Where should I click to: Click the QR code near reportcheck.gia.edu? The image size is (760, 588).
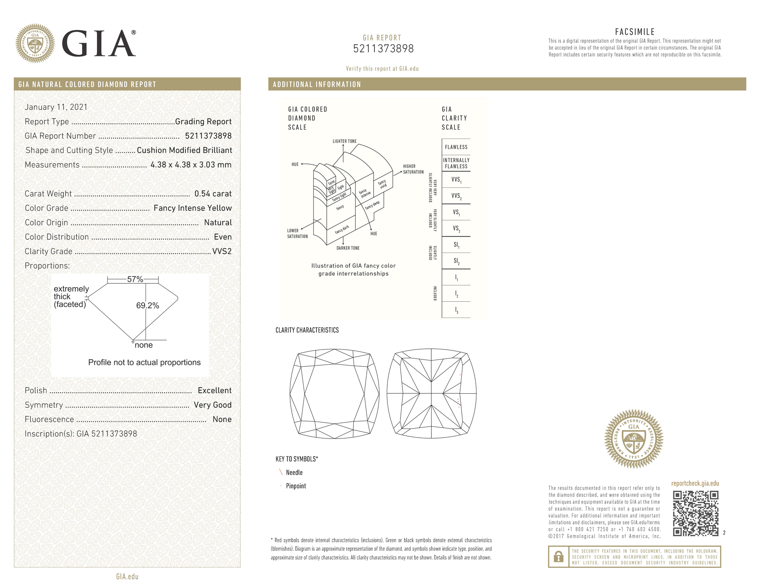(x=695, y=513)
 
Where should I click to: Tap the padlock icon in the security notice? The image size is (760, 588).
(x=558, y=557)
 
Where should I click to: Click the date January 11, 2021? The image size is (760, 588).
(x=56, y=107)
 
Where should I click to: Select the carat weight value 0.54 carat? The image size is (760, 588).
(x=213, y=194)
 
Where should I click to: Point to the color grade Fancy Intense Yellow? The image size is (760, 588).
(x=192, y=208)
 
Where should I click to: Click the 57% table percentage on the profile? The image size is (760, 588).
(x=135, y=279)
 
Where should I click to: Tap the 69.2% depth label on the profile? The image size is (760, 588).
(x=147, y=305)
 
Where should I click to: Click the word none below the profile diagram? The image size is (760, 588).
(x=144, y=345)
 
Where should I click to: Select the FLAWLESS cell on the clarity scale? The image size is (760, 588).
(x=456, y=147)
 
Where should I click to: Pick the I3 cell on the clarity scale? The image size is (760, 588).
(x=456, y=310)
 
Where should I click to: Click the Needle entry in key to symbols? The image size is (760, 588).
(x=294, y=472)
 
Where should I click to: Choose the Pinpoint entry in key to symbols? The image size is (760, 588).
(x=296, y=486)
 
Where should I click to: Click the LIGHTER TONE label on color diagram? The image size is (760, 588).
(x=344, y=141)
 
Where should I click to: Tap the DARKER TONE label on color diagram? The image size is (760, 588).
(x=348, y=248)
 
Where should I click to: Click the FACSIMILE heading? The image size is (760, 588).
(x=635, y=32)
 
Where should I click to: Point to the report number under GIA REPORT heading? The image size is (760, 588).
(x=383, y=49)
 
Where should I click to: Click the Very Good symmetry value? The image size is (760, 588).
(x=212, y=405)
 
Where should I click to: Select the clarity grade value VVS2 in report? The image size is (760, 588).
(x=222, y=251)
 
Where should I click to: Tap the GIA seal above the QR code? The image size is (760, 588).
(x=633, y=439)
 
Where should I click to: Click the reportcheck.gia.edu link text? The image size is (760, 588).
(x=695, y=483)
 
